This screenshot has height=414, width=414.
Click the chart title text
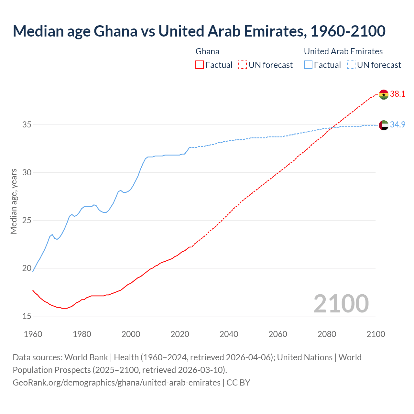click(x=199, y=31)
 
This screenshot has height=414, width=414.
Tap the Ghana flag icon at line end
click(x=384, y=94)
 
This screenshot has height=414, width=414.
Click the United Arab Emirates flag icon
click(x=384, y=125)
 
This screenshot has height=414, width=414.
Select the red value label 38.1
click(x=398, y=94)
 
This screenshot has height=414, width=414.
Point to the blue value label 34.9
click(x=398, y=125)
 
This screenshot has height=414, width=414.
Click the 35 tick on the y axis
click(x=27, y=125)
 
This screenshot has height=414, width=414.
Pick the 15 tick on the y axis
click(x=27, y=316)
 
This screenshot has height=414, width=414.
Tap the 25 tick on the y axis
click(x=27, y=220)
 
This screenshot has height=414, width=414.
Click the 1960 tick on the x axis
click(x=33, y=334)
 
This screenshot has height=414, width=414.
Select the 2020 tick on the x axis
click(x=180, y=334)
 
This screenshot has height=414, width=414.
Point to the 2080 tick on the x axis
click(x=327, y=334)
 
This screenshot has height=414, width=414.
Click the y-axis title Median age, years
click(x=14, y=201)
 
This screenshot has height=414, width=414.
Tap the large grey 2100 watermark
click(x=341, y=304)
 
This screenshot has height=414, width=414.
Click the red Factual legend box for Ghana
click(x=200, y=65)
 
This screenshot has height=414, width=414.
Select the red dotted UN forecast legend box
click(x=243, y=65)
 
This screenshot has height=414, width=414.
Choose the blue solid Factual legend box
click(x=308, y=65)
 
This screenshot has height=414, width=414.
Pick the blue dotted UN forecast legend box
click(x=351, y=65)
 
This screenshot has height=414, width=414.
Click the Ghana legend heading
click(x=207, y=51)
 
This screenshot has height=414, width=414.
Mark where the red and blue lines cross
click(x=333, y=127)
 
